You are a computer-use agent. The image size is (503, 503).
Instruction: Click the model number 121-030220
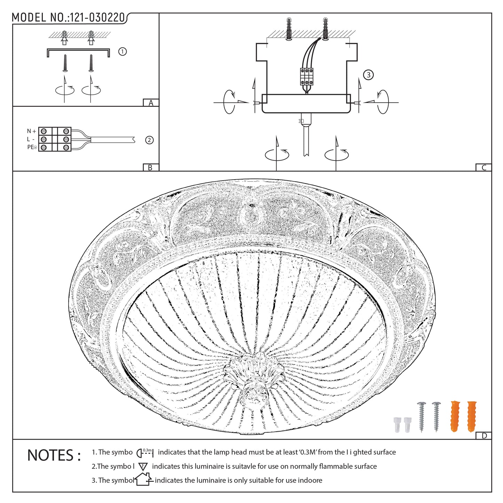click(97, 18)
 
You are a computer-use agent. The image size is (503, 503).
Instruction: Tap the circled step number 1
click(122, 52)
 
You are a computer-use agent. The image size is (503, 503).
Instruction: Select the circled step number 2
click(149, 140)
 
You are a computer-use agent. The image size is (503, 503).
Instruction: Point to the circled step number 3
click(368, 75)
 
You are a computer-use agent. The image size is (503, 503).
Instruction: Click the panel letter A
click(151, 103)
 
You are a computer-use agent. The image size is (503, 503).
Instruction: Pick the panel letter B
click(150, 167)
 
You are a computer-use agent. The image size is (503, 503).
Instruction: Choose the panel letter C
click(484, 167)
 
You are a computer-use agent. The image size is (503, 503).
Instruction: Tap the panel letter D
click(484, 435)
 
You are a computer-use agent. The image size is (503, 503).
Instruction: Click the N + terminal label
click(31, 131)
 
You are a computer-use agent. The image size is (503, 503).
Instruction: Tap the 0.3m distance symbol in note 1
click(145, 453)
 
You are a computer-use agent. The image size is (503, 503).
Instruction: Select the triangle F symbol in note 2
click(143, 467)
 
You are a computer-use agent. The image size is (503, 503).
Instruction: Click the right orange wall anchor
click(472, 416)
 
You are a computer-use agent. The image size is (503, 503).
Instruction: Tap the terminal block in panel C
click(307, 77)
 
